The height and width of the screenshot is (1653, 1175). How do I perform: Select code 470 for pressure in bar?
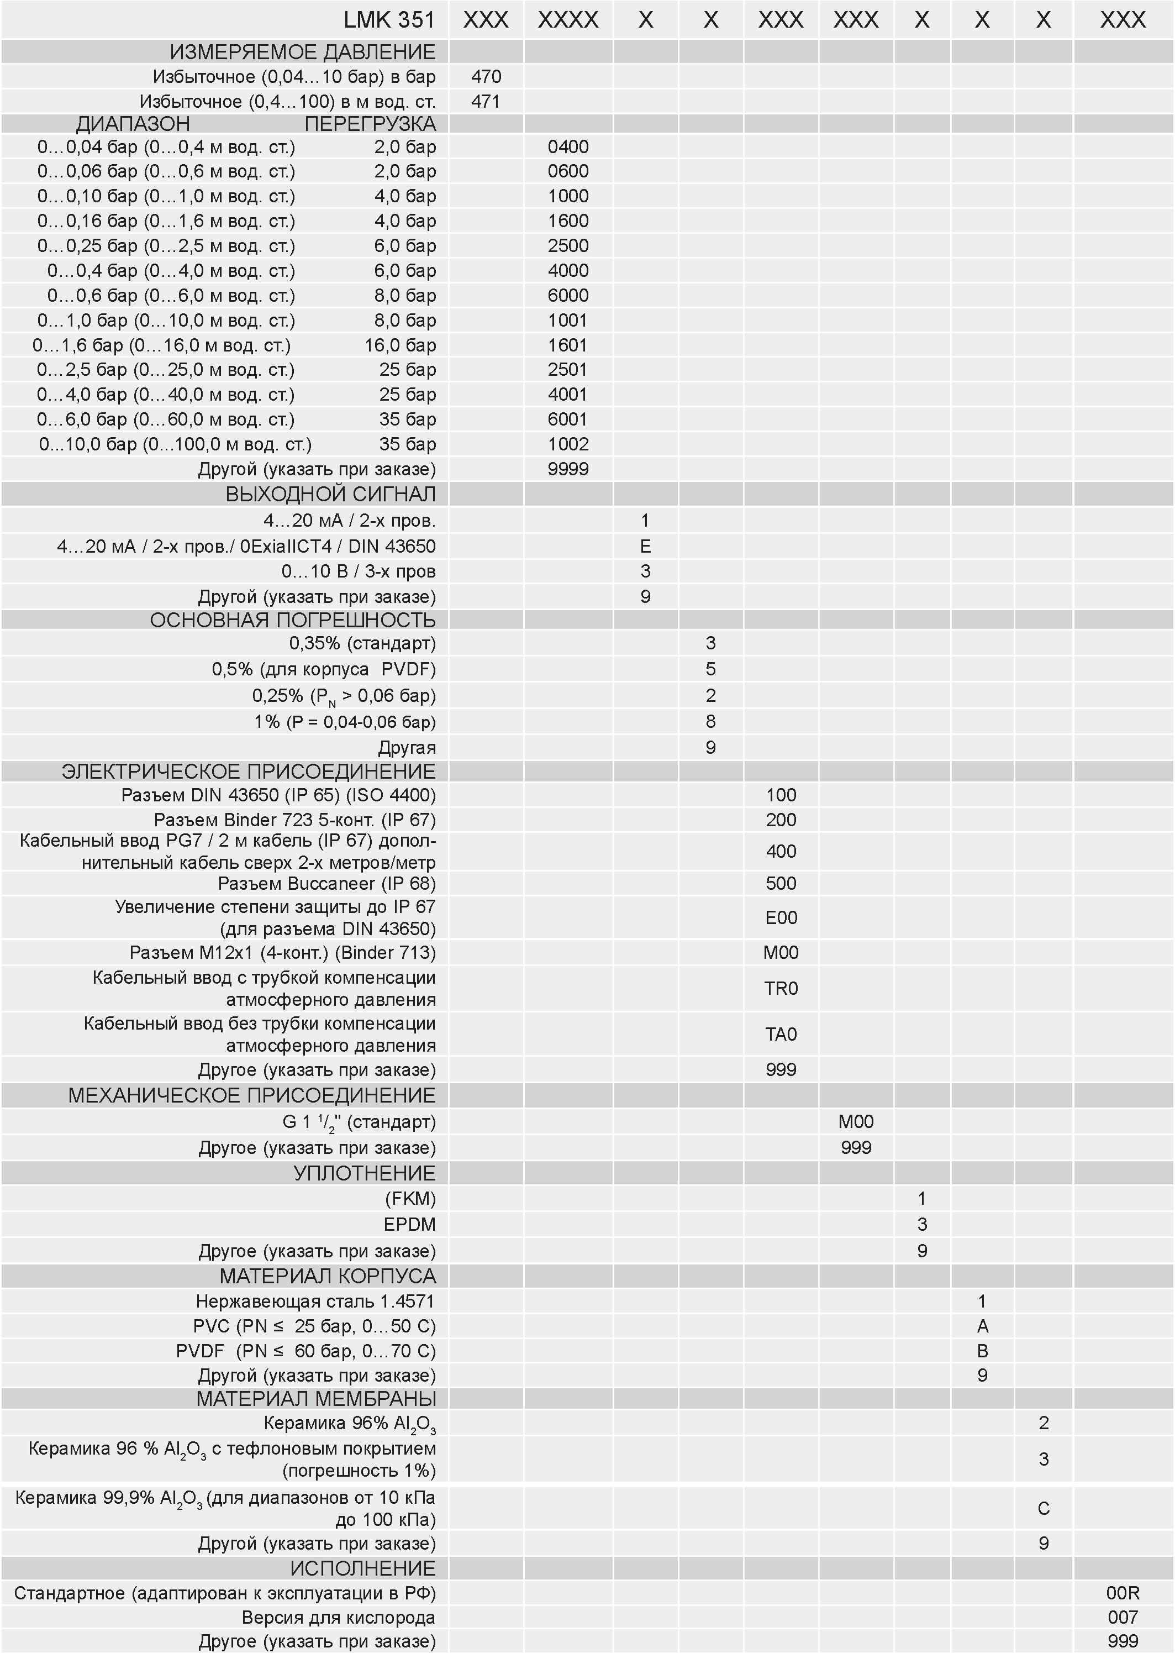tap(486, 77)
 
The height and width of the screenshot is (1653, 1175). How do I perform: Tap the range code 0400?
tap(568, 147)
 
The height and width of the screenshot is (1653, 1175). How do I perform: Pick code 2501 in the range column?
tap(568, 370)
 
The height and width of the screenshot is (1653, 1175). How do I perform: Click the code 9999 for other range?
tap(568, 469)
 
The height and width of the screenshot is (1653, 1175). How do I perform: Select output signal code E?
tap(645, 547)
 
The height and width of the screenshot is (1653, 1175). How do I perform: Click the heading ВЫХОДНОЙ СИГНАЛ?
tap(331, 494)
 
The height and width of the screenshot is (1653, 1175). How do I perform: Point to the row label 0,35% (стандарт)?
tap(362, 643)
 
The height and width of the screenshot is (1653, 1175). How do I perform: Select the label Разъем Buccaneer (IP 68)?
tap(327, 884)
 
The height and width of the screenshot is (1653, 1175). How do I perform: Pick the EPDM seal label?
tap(409, 1225)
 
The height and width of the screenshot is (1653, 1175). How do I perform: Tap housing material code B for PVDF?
tap(982, 1351)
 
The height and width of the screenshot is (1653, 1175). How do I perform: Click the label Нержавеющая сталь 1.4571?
tap(315, 1302)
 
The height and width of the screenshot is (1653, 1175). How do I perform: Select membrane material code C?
tap(1044, 1509)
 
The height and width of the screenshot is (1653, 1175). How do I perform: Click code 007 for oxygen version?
tap(1123, 1618)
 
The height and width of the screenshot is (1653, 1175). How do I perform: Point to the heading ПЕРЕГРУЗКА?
tap(370, 124)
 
